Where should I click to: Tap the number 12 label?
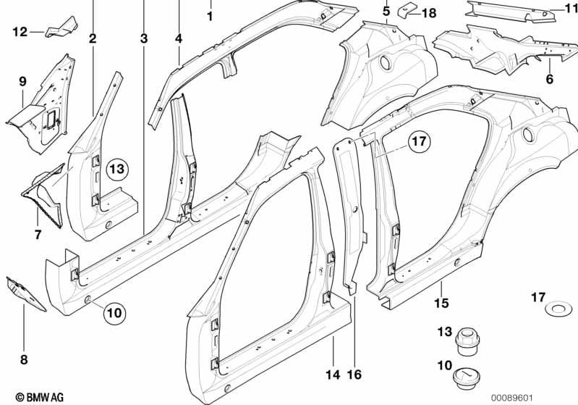click(19, 31)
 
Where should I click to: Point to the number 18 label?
click(429, 13)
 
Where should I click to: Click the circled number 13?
click(117, 170)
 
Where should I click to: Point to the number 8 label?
click(23, 357)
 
